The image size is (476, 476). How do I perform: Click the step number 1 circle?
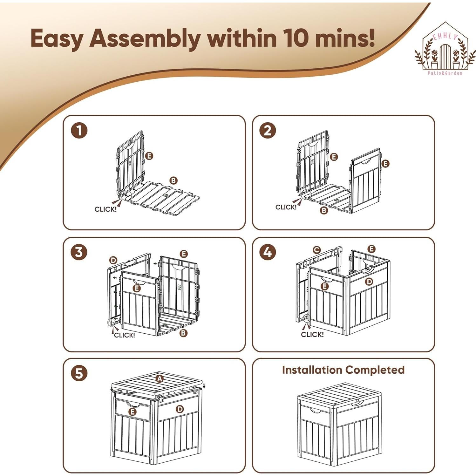click(x=79, y=130)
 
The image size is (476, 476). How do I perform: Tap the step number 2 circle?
click(x=268, y=130)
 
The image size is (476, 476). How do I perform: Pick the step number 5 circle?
click(x=79, y=373)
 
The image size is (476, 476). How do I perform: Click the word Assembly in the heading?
click(x=145, y=38)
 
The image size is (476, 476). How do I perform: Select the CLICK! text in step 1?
click(x=105, y=209)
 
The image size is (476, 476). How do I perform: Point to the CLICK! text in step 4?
click(x=312, y=334)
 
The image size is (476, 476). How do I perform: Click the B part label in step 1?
click(x=173, y=180)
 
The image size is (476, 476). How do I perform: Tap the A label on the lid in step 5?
click(x=160, y=378)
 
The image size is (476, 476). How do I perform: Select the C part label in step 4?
click(x=316, y=250)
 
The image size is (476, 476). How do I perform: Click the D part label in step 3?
click(x=113, y=261)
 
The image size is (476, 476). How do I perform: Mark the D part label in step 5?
click(x=180, y=409)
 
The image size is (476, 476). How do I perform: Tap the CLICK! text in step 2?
click(x=286, y=207)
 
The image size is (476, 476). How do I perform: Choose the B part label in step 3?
click(x=183, y=333)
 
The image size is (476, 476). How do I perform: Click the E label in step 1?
click(x=149, y=156)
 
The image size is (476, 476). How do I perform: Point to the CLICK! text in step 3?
click(x=124, y=335)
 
